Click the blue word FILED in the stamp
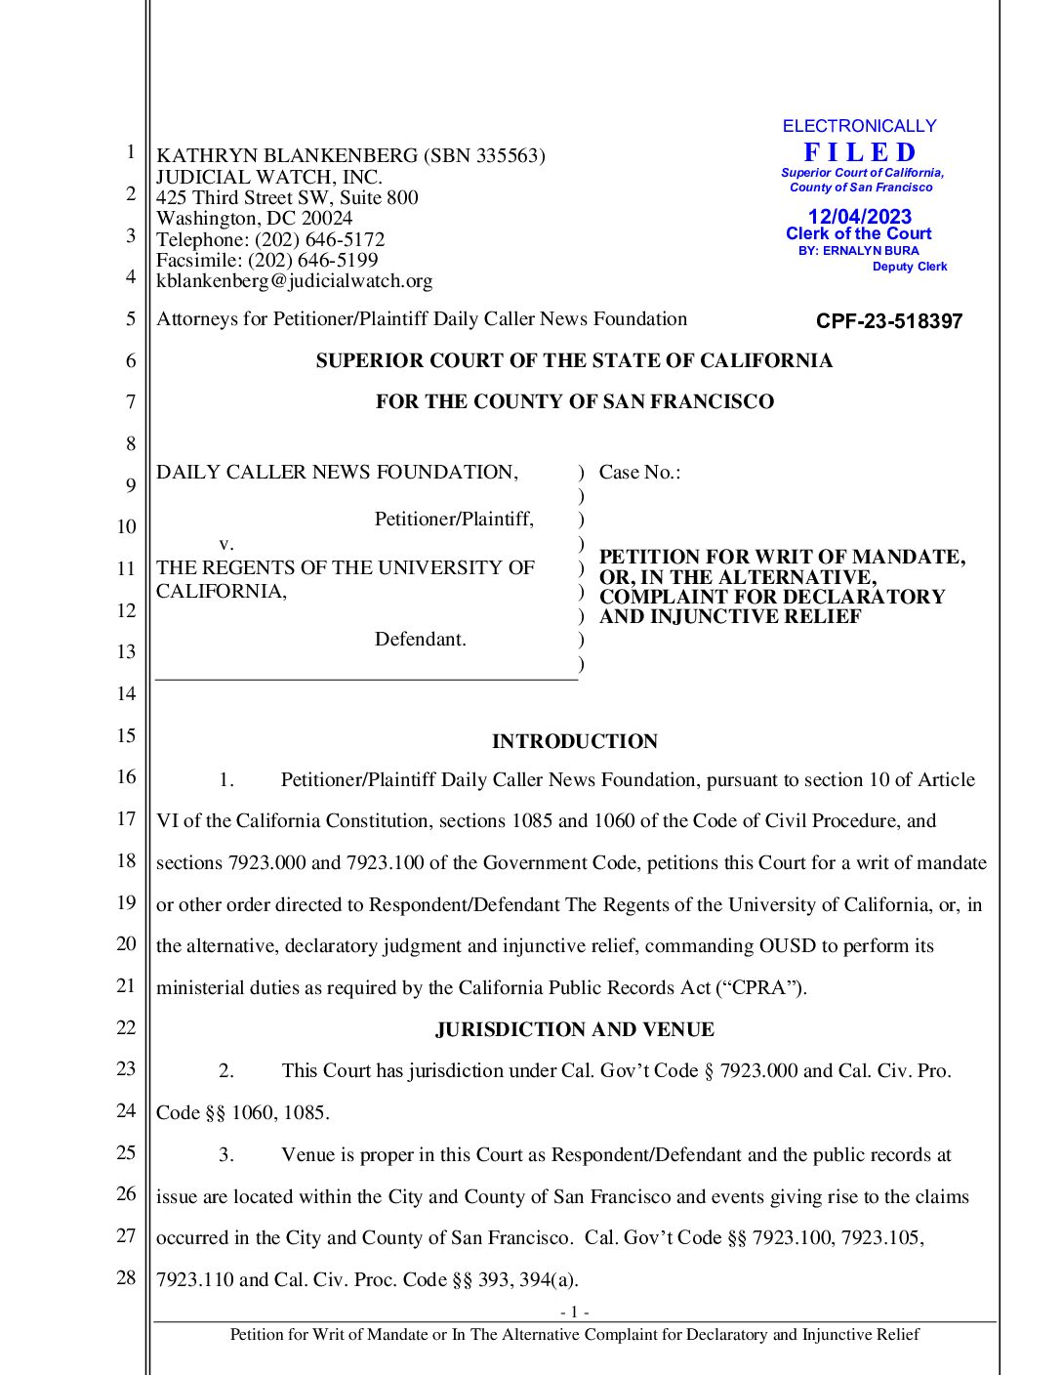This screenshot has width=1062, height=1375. (x=860, y=153)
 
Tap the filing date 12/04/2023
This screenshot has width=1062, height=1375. (x=859, y=217)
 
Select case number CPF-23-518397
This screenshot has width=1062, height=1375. (x=888, y=321)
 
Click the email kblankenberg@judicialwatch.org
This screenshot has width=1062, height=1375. (x=294, y=281)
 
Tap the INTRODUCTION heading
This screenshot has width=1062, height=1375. (x=574, y=741)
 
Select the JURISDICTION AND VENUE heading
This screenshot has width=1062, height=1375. (x=574, y=1029)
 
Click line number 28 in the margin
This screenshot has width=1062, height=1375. (x=126, y=1277)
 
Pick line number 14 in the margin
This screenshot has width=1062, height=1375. (x=126, y=693)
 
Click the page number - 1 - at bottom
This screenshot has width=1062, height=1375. (x=574, y=1312)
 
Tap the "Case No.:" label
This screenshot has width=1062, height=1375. (x=639, y=473)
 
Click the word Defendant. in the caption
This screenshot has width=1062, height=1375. (x=420, y=640)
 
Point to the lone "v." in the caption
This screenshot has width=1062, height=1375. (x=225, y=544)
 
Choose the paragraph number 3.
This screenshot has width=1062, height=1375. (x=225, y=1155)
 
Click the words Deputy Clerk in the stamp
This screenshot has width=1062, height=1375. (x=909, y=267)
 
